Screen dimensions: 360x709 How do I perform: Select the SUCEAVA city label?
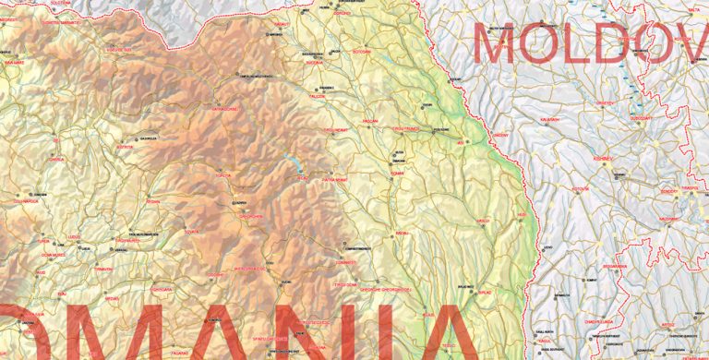(x=315, y=63)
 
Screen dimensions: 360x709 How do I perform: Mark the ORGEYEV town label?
(x=605, y=102)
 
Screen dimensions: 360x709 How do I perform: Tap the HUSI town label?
(x=522, y=215)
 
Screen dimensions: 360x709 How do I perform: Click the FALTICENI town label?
(x=318, y=96)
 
